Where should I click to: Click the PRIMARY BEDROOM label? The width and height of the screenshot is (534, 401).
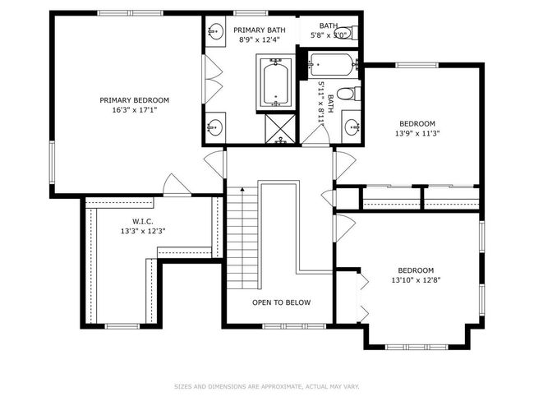134,100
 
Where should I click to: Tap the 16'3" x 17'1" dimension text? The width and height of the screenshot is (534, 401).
134,110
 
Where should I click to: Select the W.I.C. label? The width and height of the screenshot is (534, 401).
143,221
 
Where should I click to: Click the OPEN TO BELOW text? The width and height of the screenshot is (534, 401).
281,302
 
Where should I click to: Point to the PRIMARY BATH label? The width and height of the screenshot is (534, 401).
260,30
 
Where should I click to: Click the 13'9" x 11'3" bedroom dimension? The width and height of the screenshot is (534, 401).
417,134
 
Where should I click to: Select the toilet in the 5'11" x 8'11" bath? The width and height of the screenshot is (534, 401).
348,94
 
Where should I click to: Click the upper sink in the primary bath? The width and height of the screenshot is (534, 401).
215,32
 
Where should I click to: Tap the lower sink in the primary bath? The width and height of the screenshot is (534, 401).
215,127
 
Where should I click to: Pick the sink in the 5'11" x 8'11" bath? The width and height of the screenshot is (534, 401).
352,127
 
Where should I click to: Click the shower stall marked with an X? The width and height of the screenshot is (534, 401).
280,128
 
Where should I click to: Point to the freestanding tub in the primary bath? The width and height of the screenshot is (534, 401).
276,82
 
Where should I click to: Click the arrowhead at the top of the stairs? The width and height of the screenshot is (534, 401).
242,188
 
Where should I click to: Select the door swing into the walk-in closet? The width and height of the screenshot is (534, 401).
177,186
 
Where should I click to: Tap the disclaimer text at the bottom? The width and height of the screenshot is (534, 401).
267,387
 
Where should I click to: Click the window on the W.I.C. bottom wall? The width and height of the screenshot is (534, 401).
122,326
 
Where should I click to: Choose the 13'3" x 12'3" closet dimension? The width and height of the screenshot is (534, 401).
143,231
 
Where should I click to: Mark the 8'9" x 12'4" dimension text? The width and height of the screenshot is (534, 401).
260,39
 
